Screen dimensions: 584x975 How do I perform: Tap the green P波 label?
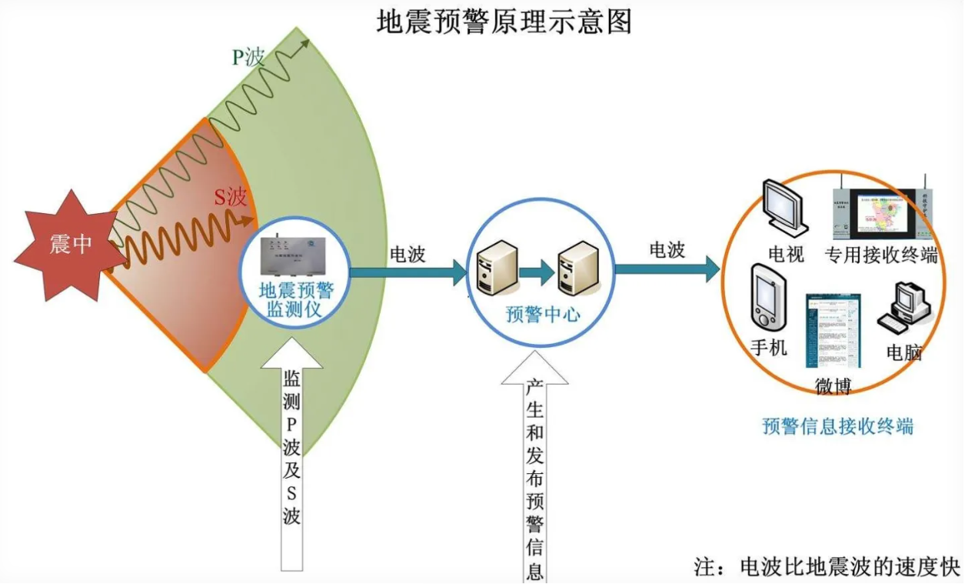coord(248,56)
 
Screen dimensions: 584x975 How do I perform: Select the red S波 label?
coord(230,198)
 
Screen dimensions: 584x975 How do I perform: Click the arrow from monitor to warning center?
coord(408,271)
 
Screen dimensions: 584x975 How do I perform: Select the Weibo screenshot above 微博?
coord(832,330)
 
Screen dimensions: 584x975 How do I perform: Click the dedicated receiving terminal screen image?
coord(883,211)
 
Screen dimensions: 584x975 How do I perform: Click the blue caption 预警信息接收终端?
coord(837,425)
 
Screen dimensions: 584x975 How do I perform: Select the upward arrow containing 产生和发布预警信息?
coord(535,469)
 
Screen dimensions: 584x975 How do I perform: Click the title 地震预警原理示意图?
coord(504,22)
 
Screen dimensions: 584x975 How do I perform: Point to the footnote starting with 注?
coord(827,567)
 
